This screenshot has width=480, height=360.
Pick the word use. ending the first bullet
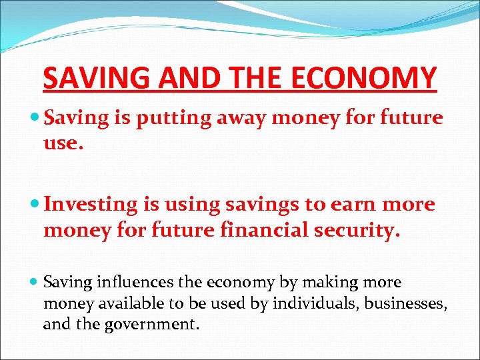[63, 143]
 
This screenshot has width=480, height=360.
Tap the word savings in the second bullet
[237, 205]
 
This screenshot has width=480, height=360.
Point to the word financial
[248, 230]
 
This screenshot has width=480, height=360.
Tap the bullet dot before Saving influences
[35, 283]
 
